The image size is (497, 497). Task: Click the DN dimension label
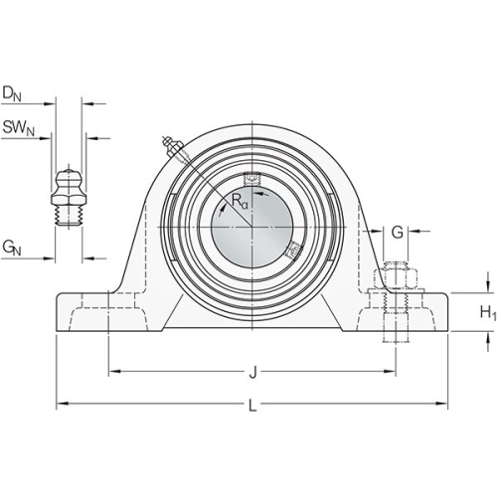tap(12, 93)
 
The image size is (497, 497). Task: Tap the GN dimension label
tap(12, 248)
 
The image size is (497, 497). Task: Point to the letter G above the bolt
tap(398, 233)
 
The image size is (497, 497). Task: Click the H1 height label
tap(488, 312)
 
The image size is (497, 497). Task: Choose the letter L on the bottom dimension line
tap(252, 406)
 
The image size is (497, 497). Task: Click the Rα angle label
tap(240, 201)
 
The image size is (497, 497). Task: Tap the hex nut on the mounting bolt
tap(396, 279)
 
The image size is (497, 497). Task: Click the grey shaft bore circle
tap(252, 228)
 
